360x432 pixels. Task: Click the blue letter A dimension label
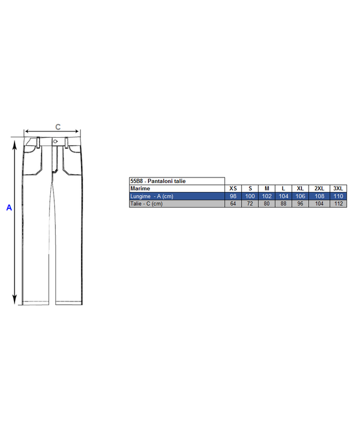[x=9, y=208]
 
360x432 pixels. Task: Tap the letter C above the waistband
[x=58, y=127]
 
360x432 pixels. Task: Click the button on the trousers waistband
[x=55, y=141]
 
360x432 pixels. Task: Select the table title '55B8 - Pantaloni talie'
[x=158, y=181]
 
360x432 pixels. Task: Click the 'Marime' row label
[x=140, y=189]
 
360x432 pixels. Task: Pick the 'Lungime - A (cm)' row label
[x=152, y=196]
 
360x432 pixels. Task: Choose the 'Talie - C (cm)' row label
[x=146, y=204]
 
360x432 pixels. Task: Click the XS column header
[x=233, y=189]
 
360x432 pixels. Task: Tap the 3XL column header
[x=338, y=189]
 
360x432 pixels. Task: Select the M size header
[x=267, y=189]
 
